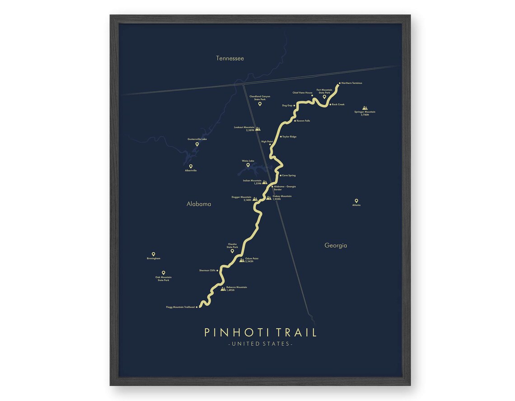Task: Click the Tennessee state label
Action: pos(229,58)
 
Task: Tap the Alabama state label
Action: pos(199,204)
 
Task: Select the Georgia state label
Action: pos(336,245)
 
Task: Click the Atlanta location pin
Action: pos(356,201)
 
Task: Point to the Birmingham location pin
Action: pos(154,254)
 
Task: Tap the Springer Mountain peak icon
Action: pos(365,108)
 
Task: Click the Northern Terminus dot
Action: pos(340,83)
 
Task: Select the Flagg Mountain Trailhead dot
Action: pos(197,307)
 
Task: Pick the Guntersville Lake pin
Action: pos(197,144)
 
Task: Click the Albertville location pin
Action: pos(191,166)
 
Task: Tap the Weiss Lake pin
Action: pos(248,165)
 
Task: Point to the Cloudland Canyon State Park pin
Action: pos(260,104)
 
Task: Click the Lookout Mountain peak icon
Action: pos(258,129)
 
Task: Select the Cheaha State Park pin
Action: pos(232,251)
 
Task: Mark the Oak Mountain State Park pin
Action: pos(164,272)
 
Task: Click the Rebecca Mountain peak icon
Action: pos(223,288)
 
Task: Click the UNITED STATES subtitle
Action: pos(260,344)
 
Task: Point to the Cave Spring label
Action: pos(289,175)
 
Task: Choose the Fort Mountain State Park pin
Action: pos(324,96)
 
